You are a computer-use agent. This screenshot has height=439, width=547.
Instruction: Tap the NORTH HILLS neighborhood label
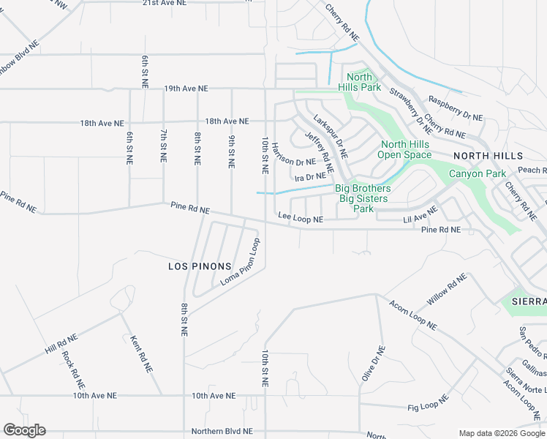click(x=488, y=156)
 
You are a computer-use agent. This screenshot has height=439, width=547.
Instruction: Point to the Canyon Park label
click(x=477, y=174)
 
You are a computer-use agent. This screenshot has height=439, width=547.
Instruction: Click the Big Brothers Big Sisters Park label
click(x=363, y=198)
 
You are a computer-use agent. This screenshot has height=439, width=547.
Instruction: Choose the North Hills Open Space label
click(x=404, y=150)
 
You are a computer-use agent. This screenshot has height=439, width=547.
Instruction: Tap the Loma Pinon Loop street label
click(x=240, y=262)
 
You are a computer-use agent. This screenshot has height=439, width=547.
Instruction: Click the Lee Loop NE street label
click(x=300, y=217)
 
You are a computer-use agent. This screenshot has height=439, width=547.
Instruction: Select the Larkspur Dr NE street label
click(x=330, y=137)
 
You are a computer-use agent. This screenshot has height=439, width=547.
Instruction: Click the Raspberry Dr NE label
click(x=456, y=108)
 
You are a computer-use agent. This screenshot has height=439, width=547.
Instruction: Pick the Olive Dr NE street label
click(x=372, y=363)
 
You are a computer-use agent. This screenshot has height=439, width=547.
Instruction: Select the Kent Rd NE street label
click(x=135, y=350)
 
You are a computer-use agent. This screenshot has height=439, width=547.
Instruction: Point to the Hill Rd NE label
click(x=61, y=342)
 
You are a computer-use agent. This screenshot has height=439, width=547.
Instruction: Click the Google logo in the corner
click(x=24, y=430)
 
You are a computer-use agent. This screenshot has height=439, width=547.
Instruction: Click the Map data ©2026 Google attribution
click(x=501, y=432)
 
